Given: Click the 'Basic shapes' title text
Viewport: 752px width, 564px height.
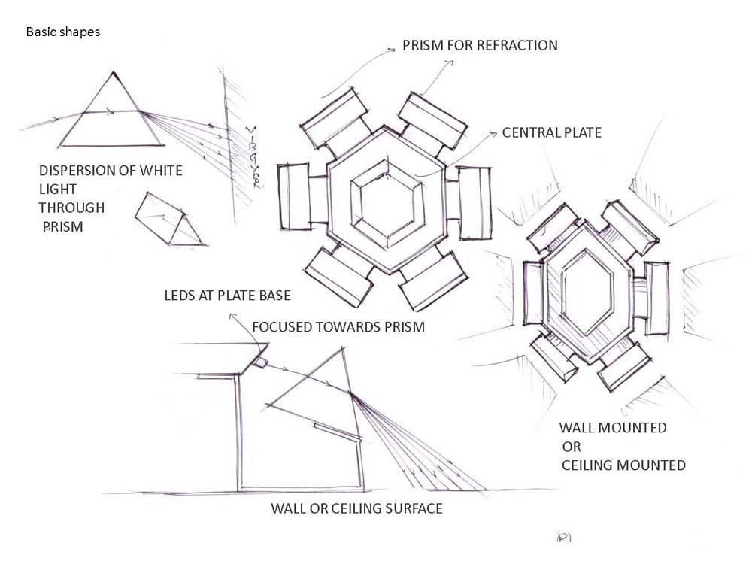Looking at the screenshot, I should [63, 32].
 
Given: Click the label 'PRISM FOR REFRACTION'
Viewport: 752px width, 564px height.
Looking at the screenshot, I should [480, 45].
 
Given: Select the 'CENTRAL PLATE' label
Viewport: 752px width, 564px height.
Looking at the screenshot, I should [552, 133].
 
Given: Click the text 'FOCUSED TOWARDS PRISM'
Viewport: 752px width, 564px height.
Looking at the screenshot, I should [338, 327].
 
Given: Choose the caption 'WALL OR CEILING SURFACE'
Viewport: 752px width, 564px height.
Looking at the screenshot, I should [356, 509].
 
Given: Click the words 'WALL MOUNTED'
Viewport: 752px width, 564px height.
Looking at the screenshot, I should [612, 428].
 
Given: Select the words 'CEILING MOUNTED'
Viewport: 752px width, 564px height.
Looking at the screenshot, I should [623, 465].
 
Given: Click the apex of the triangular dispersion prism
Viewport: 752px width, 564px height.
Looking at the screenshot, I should [114, 72].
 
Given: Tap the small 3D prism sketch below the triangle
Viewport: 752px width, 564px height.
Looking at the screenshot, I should [169, 219].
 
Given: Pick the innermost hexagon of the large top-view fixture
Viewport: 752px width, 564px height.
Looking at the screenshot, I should [389, 200].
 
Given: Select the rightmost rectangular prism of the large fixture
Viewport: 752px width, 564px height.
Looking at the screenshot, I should [475, 202].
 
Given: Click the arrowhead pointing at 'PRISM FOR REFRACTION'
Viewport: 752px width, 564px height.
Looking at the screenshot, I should [391, 50].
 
